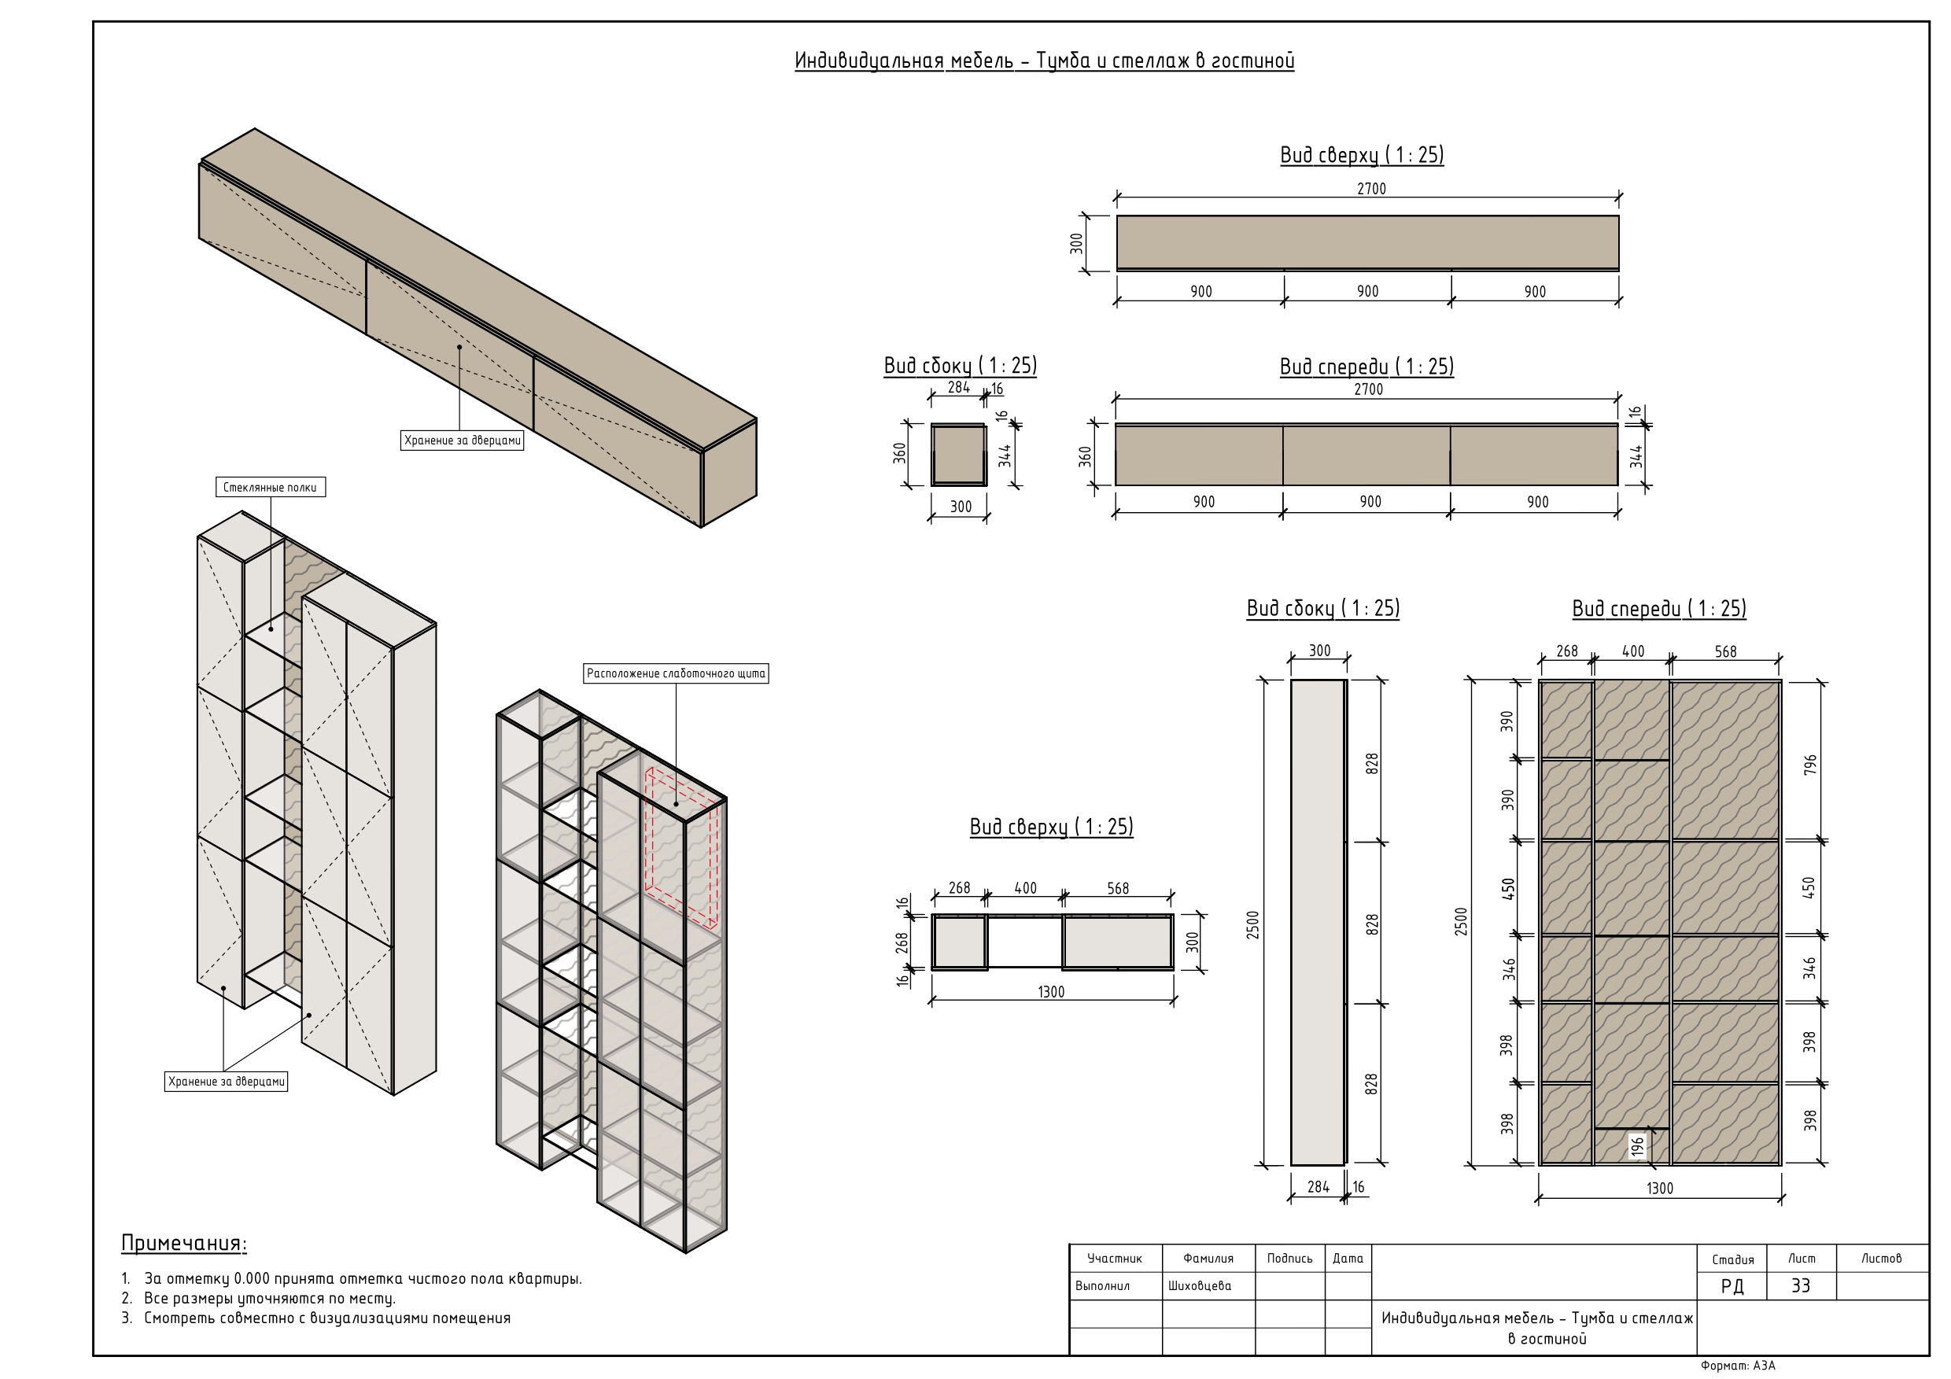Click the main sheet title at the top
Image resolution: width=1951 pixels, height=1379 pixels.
(x=1044, y=61)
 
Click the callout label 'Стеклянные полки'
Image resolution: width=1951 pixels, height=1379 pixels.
(x=270, y=488)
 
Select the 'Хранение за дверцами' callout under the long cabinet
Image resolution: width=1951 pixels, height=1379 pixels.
(x=463, y=440)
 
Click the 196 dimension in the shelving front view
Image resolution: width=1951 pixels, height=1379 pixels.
(x=1637, y=1147)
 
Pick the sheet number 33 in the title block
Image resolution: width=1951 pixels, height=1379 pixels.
(x=1801, y=1286)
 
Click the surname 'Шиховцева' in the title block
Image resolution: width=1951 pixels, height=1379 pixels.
(x=1199, y=1286)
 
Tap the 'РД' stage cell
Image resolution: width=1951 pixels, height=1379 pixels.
(x=1732, y=1286)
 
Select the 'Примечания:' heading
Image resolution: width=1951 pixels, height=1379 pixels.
(x=183, y=1244)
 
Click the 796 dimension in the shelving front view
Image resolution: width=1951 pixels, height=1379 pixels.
(x=1811, y=764)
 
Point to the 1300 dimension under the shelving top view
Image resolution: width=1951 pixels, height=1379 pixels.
(x=1051, y=991)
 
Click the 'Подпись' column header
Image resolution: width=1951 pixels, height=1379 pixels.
(x=1290, y=1259)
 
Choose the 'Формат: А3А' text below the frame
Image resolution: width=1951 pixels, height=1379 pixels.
(x=1738, y=1366)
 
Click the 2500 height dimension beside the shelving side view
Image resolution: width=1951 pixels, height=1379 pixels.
(x=1252, y=924)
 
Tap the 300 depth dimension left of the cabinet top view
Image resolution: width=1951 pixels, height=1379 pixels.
(x=1077, y=244)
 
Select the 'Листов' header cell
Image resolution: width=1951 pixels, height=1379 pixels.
(x=1881, y=1259)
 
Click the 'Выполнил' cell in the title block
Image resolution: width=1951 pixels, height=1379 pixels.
(x=1102, y=1286)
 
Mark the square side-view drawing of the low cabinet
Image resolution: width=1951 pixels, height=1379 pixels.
(x=958, y=455)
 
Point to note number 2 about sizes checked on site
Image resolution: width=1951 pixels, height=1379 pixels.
(x=258, y=1298)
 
